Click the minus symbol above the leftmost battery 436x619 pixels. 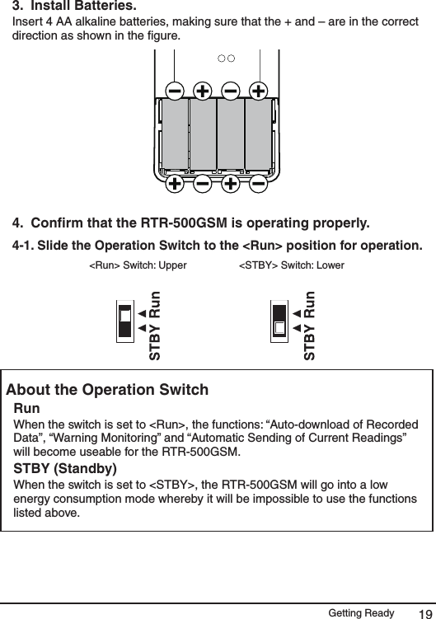[x=175, y=89]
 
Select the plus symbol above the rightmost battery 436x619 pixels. [x=258, y=89]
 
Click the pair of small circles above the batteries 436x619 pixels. [x=227, y=59]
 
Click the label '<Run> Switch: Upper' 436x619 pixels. [x=138, y=265]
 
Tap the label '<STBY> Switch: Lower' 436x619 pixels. [x=292, y=265]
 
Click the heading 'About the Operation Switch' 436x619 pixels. [x=107, y=390]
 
